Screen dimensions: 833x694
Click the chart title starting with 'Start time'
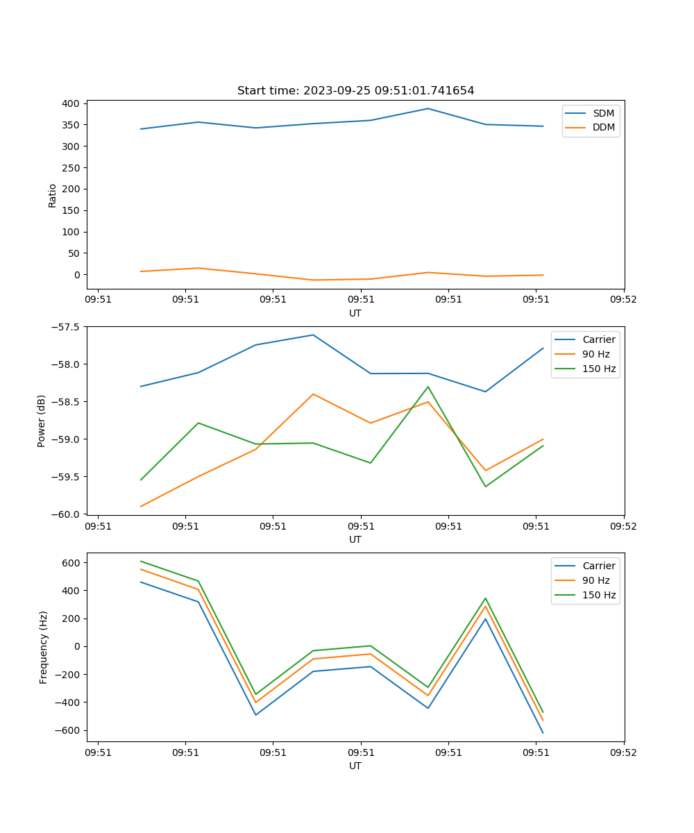[355, 91]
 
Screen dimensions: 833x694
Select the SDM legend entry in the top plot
[602, 113]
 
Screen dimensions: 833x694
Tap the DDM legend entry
[603, 127]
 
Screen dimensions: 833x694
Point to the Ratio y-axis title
[53, 196]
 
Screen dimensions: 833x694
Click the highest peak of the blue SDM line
[428, 108]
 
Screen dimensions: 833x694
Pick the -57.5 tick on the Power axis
[67, 327]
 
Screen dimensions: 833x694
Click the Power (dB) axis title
[42, 421]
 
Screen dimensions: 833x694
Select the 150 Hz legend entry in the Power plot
[598, 369]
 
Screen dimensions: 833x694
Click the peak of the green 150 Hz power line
[428, 387]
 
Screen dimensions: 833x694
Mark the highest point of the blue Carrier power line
[313, 335]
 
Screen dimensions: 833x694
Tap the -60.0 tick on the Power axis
[67, 514]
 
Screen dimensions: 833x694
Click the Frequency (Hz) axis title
[44, 647]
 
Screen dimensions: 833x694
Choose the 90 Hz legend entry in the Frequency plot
[596, 580]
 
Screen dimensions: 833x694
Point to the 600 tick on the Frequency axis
[71, 563]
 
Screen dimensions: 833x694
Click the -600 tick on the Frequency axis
[69, 730]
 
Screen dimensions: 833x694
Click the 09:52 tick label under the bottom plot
[623, 752]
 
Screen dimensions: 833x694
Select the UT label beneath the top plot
[355, 313]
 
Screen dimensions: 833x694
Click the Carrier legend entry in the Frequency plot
[598, 566]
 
